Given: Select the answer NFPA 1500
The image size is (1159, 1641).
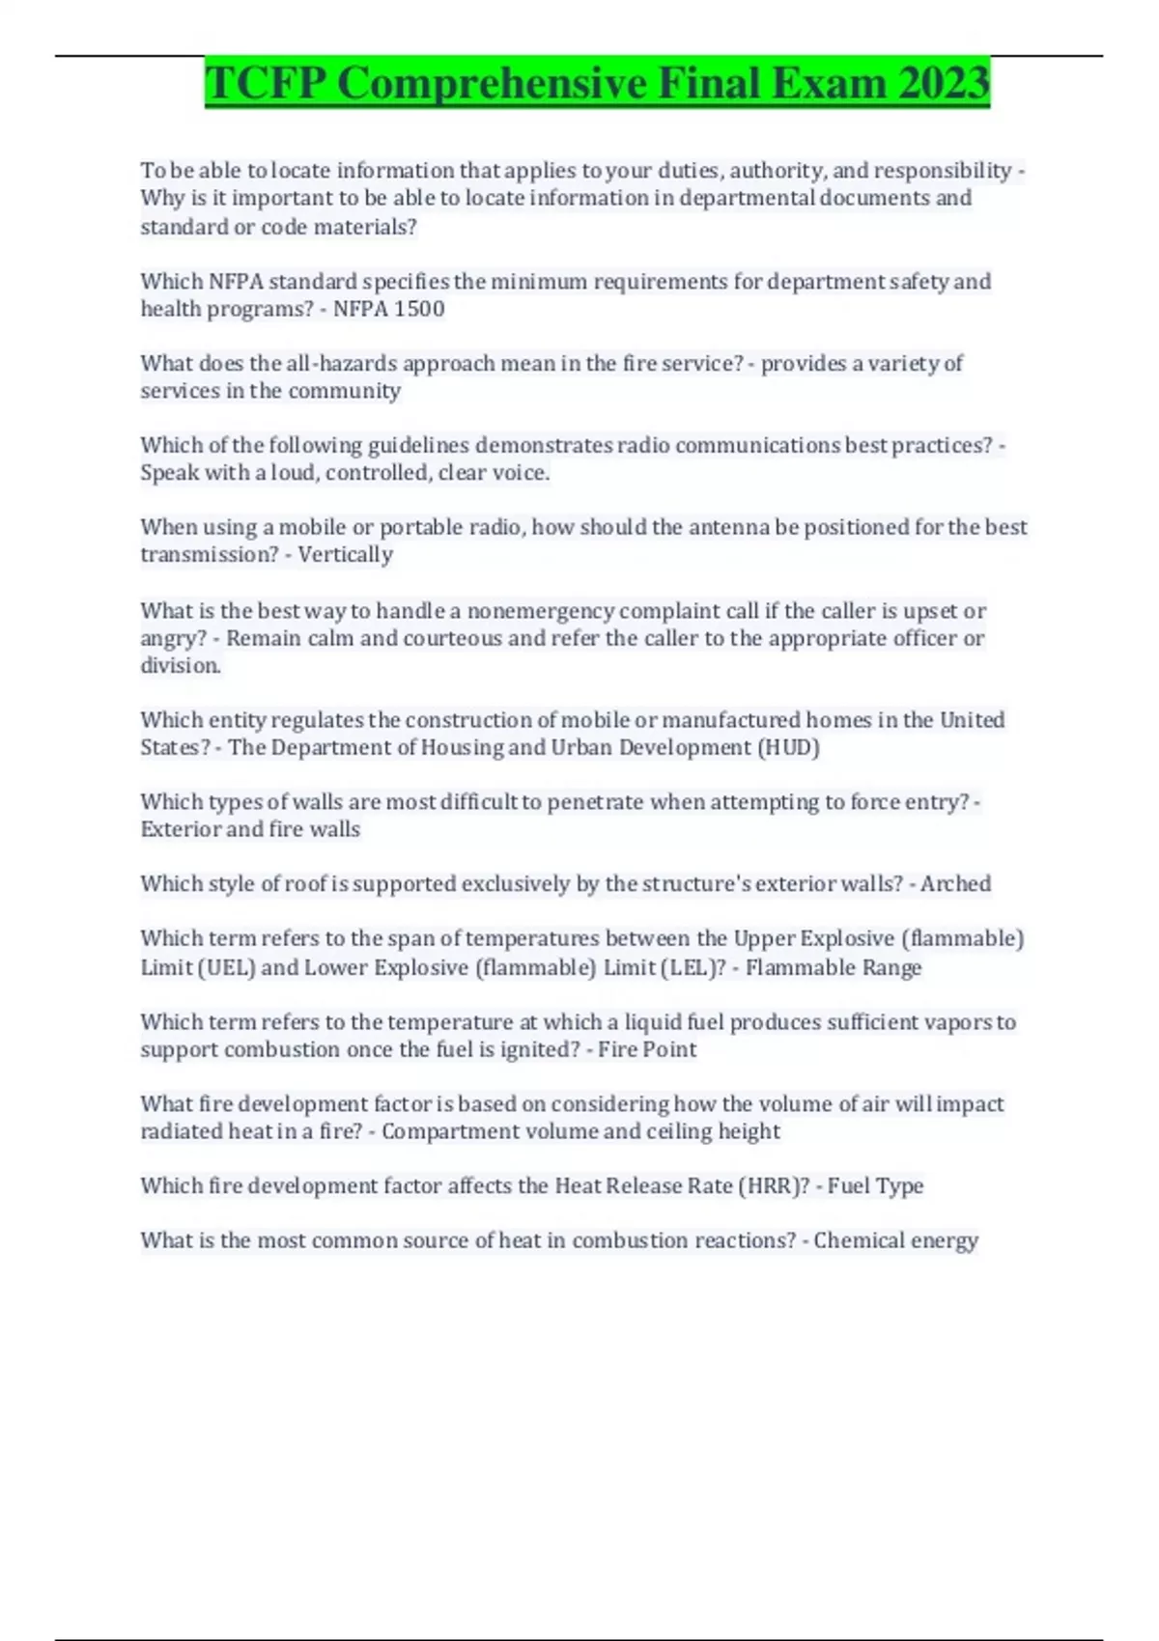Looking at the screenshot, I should pos(388,309).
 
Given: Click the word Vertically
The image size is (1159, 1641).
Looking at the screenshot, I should pos(345,554).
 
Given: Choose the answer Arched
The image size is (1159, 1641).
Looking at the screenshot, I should pos(955,883).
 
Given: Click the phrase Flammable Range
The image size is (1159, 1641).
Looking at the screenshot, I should pos(834,967).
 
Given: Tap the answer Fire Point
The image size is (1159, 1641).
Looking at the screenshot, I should pos(647,1049).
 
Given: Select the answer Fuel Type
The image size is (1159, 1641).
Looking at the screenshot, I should pos(875,1185).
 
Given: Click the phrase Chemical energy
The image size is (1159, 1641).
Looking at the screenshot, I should pos(895,1240).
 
